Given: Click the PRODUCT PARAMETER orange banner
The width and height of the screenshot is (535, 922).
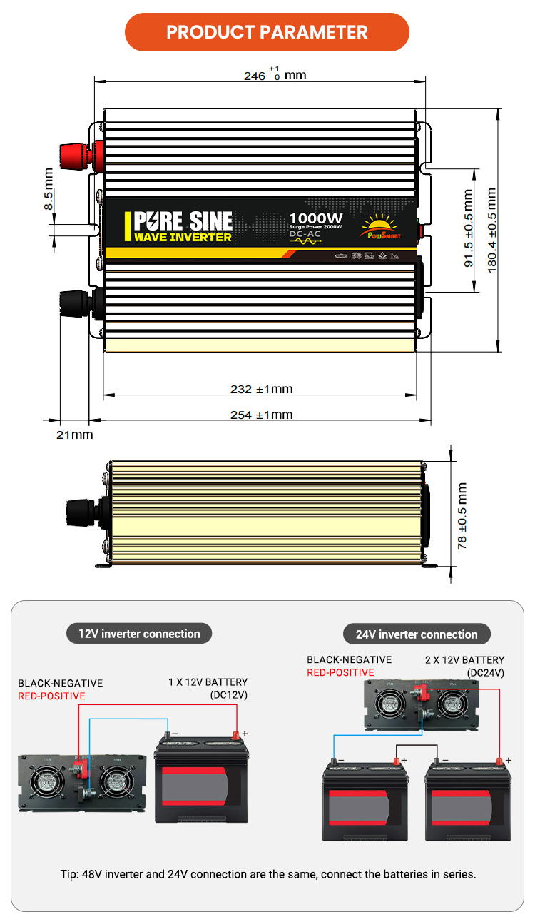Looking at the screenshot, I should (x=267, y=32).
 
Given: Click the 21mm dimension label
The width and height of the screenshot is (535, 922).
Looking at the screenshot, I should (x=74, y=435).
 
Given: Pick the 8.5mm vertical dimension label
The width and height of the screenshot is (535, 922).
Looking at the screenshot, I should (x=49, y=189).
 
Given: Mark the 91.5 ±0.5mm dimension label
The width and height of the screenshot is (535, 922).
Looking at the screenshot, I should (x=469, y=228).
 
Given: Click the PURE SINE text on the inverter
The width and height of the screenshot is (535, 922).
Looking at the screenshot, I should (x=183, y=220).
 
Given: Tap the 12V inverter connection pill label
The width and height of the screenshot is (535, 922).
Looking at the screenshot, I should (x=140, y=634).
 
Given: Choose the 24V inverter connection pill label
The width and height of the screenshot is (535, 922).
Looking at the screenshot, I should (x=417, y=634).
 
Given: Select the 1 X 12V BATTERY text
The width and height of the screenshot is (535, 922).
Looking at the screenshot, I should (x=208, y=682).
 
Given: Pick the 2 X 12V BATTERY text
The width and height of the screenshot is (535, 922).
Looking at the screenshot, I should (x=464, y=660).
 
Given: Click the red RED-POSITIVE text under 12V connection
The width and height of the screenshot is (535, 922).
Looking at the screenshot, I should (x=51, y=696).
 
